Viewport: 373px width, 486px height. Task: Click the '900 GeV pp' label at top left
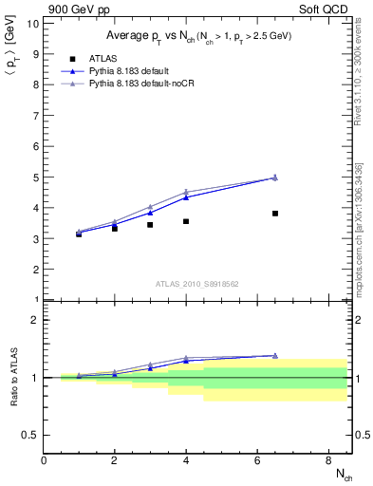(x=72, y=9)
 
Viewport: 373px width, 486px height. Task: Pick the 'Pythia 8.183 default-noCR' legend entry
(x=145, y=84)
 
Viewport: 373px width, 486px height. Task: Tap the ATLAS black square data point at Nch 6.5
(x=275, y=214)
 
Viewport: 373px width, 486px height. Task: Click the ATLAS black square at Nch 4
(x=186, y=221)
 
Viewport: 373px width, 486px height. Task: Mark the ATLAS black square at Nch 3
(x=150, y=225)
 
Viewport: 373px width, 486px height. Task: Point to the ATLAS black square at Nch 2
(x=115, y=229)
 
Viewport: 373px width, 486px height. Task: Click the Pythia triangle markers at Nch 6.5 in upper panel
(x=275, y=178)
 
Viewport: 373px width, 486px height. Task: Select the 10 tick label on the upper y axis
(x=33, y=23)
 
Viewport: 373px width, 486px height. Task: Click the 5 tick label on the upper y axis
(x=36, y=178)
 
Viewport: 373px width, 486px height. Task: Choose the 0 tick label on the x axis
(x=44, y=459)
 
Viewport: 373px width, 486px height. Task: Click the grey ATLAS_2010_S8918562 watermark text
(x=198, y=284)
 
